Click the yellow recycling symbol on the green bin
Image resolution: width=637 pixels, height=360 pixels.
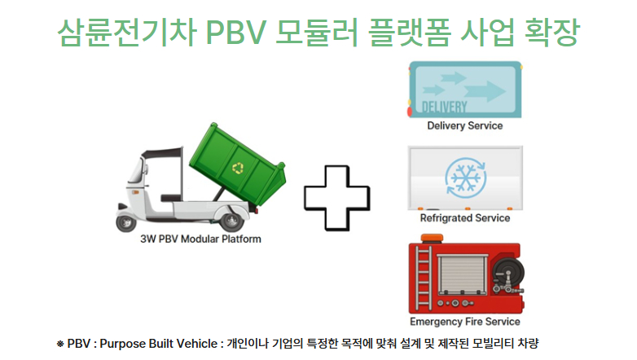tap(238, 169)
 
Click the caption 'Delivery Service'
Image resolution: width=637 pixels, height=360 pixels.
tap(464, 126)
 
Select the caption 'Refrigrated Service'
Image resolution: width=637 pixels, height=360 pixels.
tap(464, 218)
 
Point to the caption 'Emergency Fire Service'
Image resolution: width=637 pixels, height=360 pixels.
tap(464, 322)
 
